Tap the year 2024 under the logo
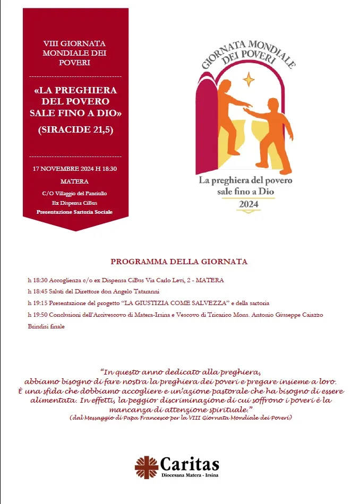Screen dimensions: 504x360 point(248,204)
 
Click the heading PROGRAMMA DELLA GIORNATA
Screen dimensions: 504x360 point(179,262)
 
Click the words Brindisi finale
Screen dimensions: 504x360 point(46,326)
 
